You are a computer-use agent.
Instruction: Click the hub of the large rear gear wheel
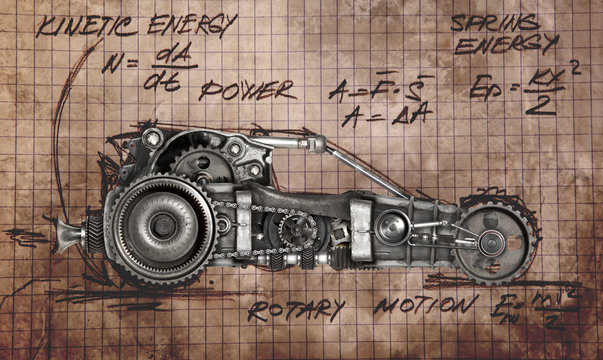coord(163,225)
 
